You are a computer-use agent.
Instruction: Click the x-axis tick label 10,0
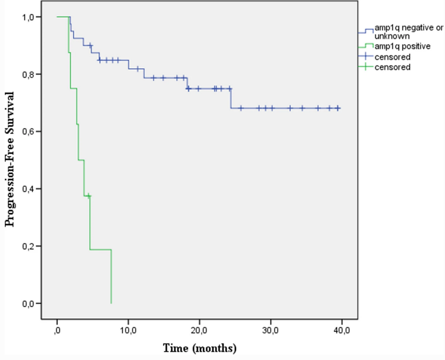[128, 331]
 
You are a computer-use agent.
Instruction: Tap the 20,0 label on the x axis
[199, 331]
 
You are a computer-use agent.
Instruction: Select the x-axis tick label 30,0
[271, 331]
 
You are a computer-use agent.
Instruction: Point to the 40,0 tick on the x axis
[342, 331]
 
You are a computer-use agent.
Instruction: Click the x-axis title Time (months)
[199, 348]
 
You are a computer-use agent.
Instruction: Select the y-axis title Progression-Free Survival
[10, 159]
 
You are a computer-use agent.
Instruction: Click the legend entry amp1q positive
[402, 46]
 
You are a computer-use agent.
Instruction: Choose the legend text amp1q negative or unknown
[408, 32]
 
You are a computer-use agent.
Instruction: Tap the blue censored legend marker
[366, 56]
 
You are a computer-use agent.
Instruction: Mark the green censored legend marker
[366, 67]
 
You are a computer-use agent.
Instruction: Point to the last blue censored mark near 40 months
[338, 108]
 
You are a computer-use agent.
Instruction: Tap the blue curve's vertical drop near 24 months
[231, 99]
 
